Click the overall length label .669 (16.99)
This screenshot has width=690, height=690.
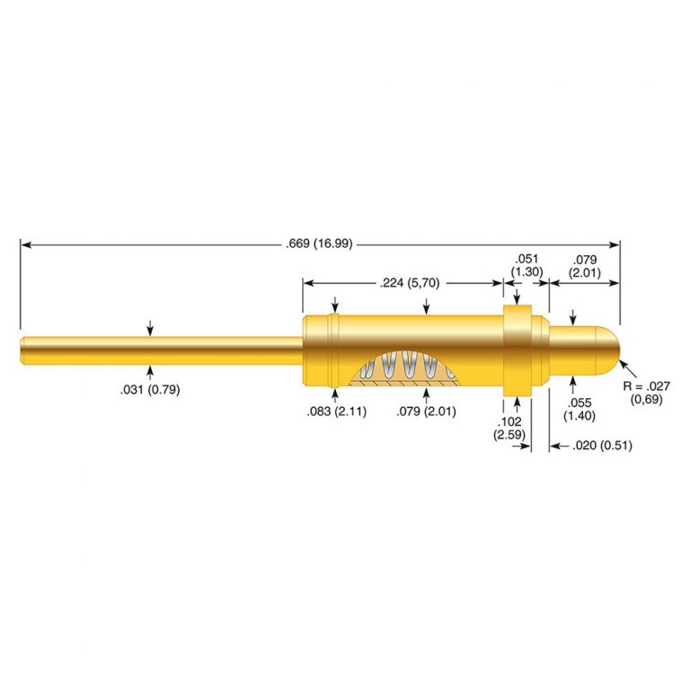320,243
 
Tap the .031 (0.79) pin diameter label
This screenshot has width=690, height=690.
150,389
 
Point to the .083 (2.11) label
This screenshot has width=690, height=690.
337,411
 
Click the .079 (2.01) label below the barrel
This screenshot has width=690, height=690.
426,411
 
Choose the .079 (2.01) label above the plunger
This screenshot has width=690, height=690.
584,266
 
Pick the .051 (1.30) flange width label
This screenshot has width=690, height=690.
526,265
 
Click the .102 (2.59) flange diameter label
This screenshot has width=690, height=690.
509,428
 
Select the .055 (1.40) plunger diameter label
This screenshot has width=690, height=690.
579,409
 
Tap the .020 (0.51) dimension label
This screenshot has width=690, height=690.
603,446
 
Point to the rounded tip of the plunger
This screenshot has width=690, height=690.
609,349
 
